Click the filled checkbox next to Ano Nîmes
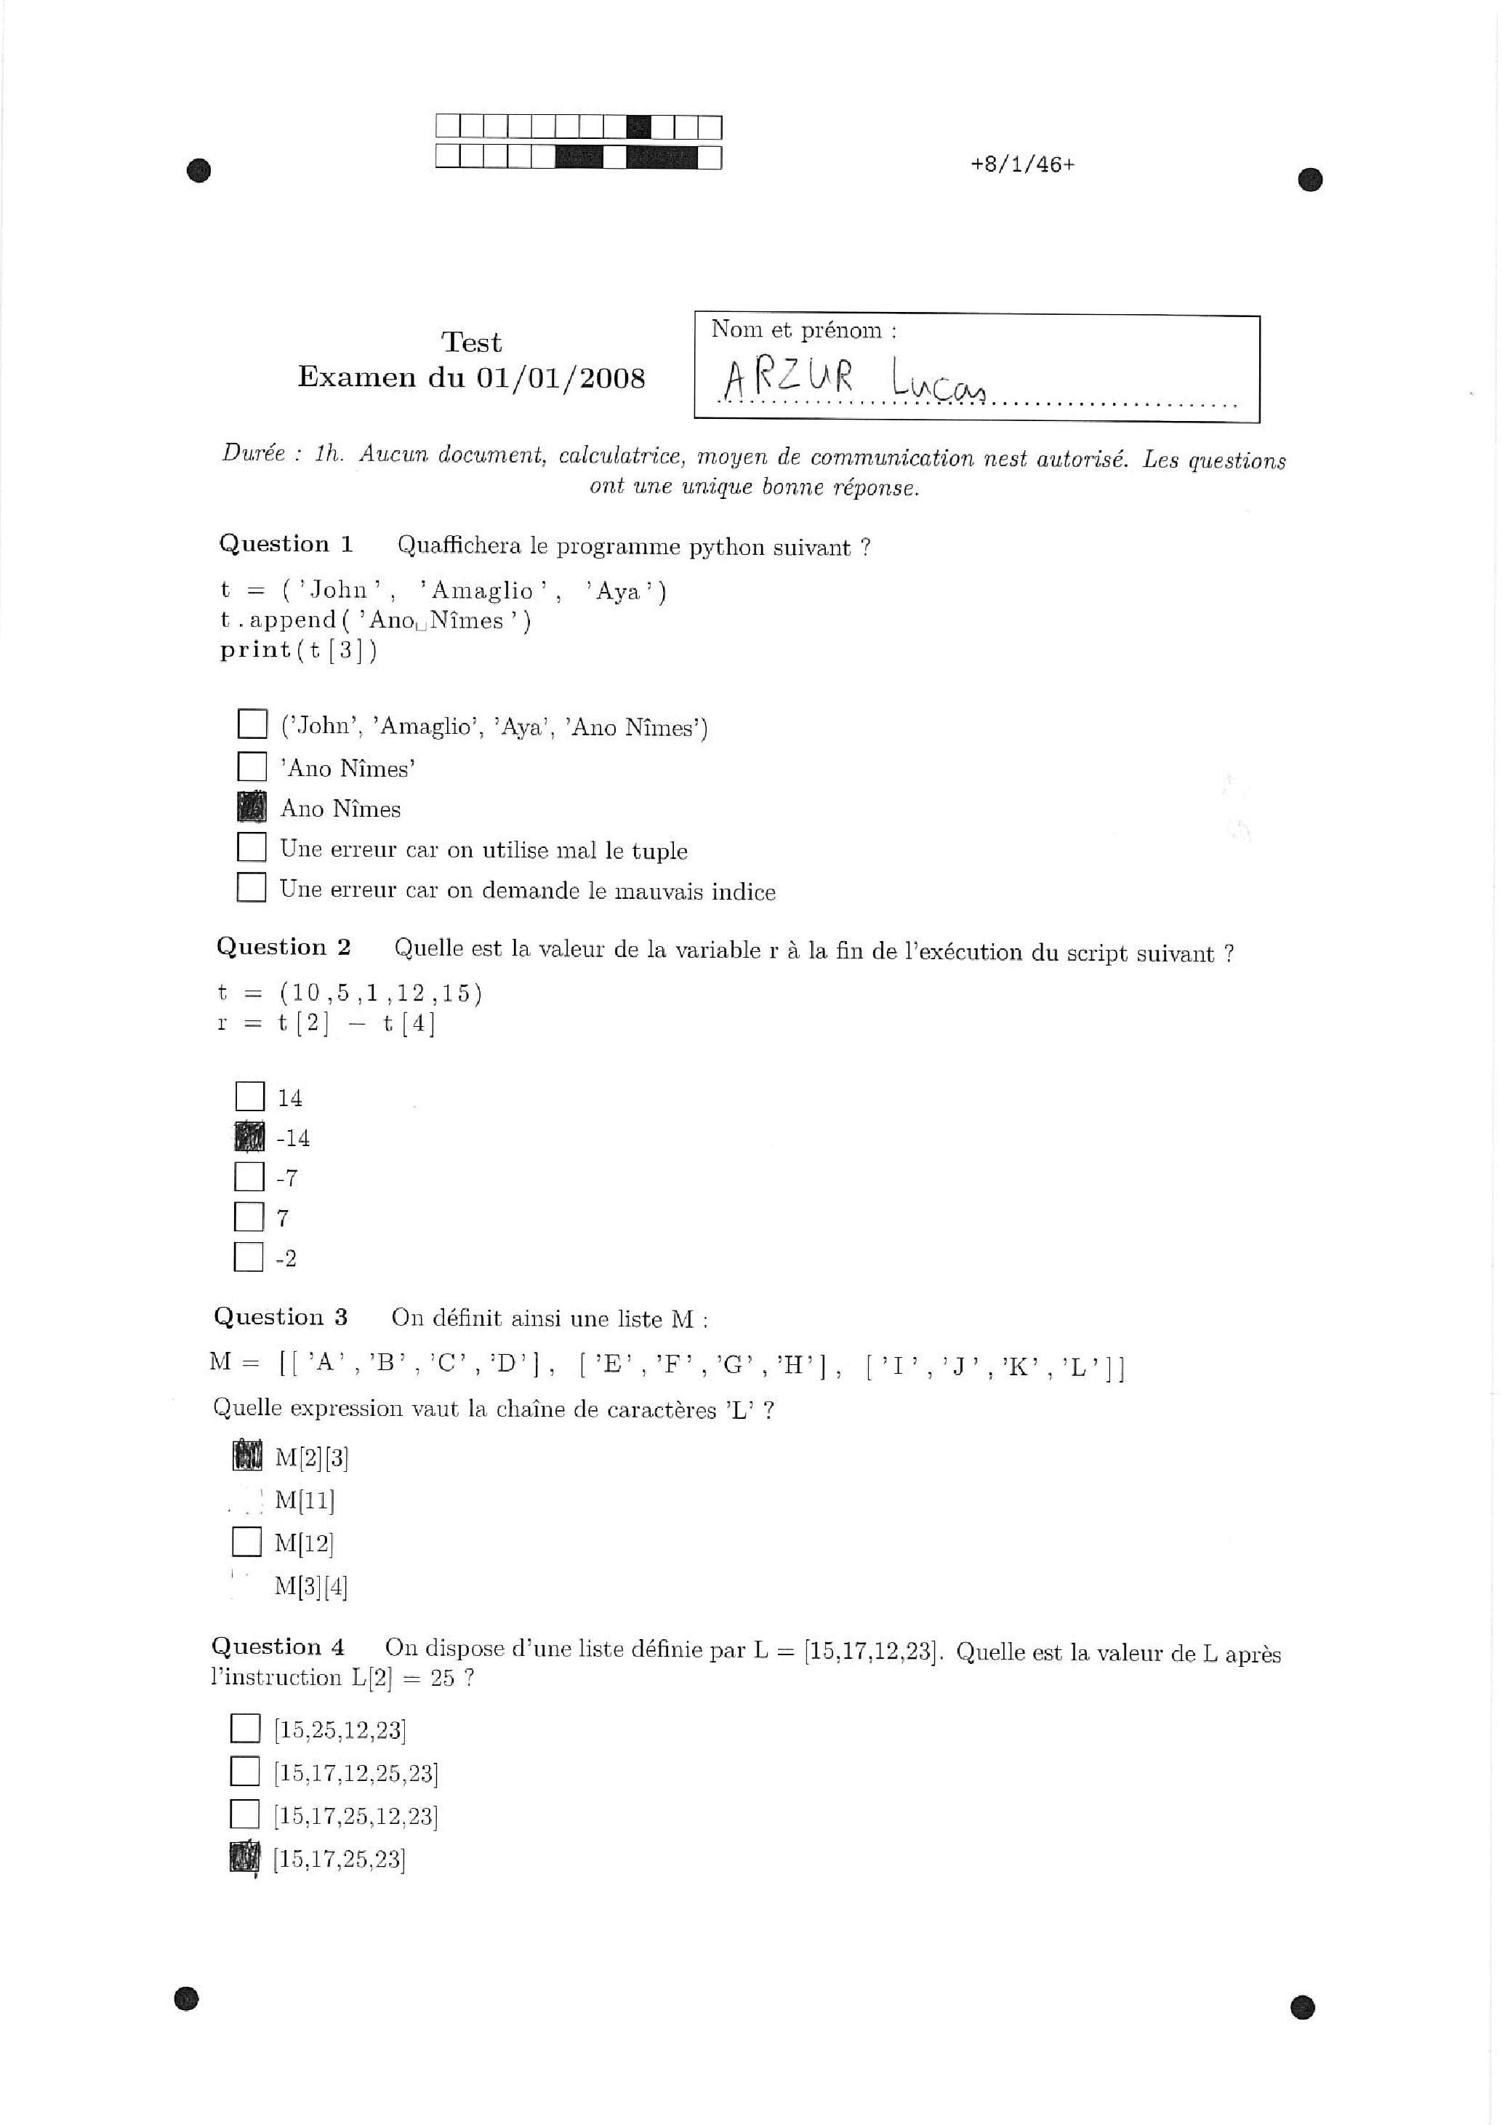(252, 807)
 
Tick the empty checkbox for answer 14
(250, 1097)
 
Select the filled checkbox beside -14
(250, 1137)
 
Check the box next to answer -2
(249, 1257)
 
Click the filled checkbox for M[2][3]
(247, 1456)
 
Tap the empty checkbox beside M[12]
(246, 1541)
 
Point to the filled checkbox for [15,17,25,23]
(244, 1857)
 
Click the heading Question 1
(286, 544)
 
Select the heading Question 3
(281, 1316)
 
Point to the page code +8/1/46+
(1023, 165)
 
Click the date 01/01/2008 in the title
(561, 377)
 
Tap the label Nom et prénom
(803, 330)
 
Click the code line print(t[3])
(298, 649)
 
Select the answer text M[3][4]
(311, 1586)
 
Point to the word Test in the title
(471, 343)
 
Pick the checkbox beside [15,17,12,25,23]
(245, 1772)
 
